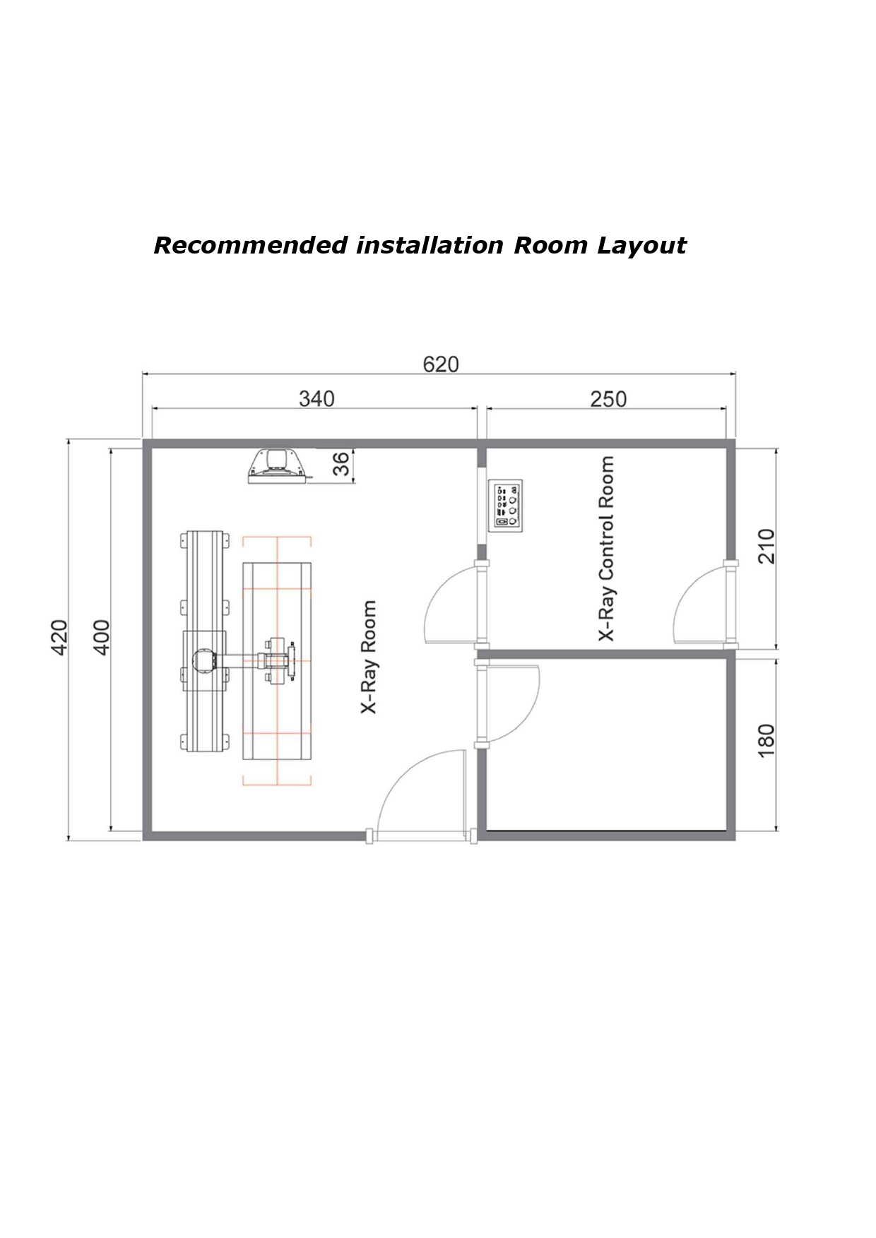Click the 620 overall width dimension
pyautogui.click(x=440, y=364)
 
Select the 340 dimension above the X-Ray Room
pyautogui.click(x=316, y=398)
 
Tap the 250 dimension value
pyautogui.click(x=608, y=399)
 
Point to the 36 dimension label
pyautogui.click(x=341, y=464)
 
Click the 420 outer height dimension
pyautogui.click(x=59, y=637)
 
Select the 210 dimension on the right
pyautogui.click(x=766, y=546)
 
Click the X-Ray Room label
pyautogui.click(x=369, y=657)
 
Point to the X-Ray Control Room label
pyautogui.click(x=606, y=549)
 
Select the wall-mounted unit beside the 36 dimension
pyautogui.click(x=277, y=466)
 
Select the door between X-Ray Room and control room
pyautogui.click(x=452, y=604)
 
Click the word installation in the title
pyautogui.click(x=430, y=246)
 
